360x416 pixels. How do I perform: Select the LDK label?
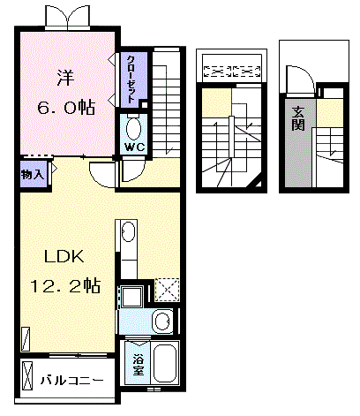(64, 258)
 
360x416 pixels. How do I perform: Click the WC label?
(134, 147)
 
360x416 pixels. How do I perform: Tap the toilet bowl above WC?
(134, 125)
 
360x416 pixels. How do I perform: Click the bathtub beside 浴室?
(166, 362)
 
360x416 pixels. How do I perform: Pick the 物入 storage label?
(33, 174)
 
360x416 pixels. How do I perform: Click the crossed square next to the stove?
(166, 290)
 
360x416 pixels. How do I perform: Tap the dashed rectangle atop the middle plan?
(229, 69)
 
